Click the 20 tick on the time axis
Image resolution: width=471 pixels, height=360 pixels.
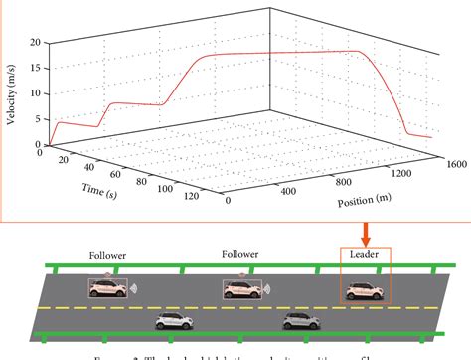coord(65,160)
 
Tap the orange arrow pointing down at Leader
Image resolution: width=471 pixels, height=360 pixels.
coord(366,234)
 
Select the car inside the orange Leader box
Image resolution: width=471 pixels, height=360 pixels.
coord(363,289)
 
